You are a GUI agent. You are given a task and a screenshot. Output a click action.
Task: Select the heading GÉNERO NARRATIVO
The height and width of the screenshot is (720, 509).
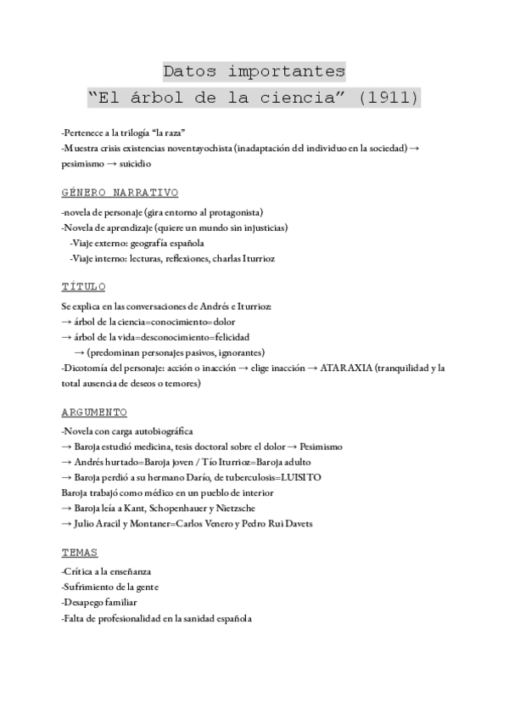point(120,193)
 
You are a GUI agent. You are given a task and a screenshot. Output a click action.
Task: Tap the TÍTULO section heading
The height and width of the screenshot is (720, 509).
point(84,287)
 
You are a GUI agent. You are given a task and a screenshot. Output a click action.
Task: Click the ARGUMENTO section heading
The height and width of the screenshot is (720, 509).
point(94,412)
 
